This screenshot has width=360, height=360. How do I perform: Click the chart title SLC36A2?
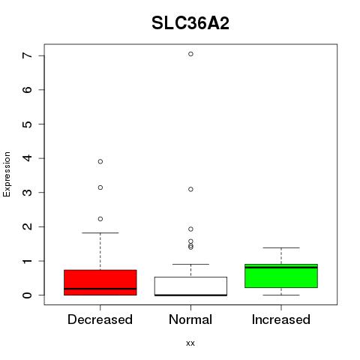coord(190,23)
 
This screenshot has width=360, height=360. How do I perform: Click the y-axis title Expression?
coord(7,174)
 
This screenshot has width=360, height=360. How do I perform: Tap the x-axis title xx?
coord(190,343)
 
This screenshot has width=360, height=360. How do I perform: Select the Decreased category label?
coord(100,319)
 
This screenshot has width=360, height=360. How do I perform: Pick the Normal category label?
coord(190,319)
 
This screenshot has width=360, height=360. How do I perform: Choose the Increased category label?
coord(281,319)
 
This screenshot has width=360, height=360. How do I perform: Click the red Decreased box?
coord(100,283)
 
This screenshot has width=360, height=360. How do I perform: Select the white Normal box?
coord(190,286)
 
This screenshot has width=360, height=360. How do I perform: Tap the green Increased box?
coord(281,276)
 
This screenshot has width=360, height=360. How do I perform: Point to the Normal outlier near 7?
coord(190,54)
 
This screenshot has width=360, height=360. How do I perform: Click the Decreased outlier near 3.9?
coord(100,161)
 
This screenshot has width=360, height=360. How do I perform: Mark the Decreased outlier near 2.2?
coord(100,219)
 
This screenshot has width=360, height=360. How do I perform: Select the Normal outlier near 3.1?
coord(190,189)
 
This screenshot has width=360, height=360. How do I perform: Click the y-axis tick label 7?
coord(28,55)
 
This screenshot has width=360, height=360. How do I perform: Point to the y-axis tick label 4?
coord(28,158)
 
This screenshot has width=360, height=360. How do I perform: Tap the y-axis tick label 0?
coord(28,295)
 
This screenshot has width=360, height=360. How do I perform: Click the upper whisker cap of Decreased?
coord(100,232)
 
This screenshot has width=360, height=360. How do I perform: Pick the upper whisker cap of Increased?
coord(281,247)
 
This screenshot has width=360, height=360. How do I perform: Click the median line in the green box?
coord(281,268)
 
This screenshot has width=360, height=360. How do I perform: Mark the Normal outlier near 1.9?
coord(190,229)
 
